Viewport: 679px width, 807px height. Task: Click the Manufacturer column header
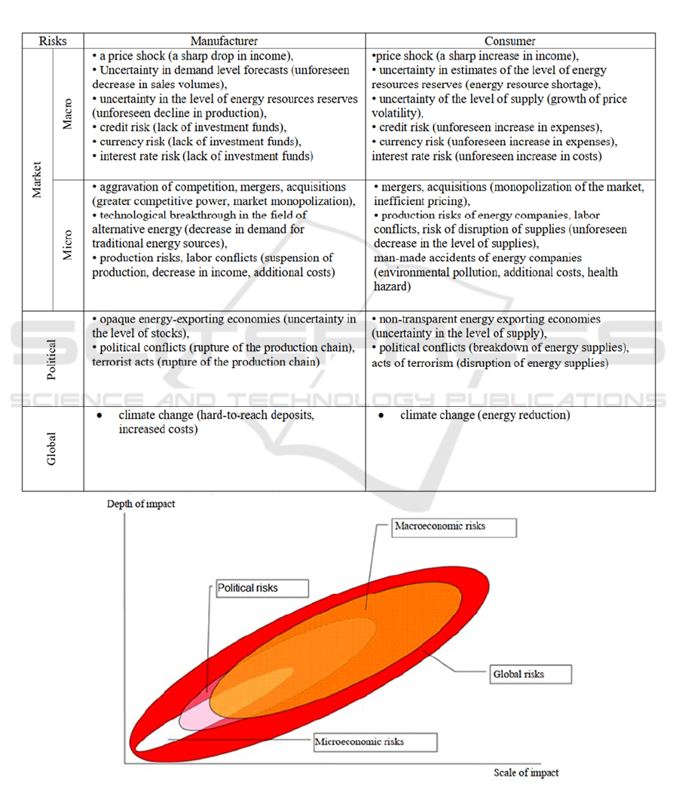(224, 41)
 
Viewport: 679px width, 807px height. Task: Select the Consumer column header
(510, 41)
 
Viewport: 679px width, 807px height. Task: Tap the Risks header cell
(53, 41)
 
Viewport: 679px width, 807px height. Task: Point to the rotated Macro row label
(68, 113)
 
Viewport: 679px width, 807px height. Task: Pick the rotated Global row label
(52, 448)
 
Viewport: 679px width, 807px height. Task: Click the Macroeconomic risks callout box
(454, 527)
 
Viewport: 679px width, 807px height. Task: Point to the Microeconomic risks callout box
(374, 741)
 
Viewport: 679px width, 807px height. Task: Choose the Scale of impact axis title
(526, 772)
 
